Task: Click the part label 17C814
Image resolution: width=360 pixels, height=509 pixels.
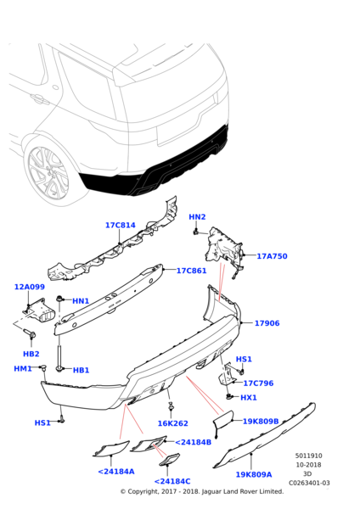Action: point(121,225)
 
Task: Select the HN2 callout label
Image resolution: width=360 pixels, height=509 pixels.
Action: point(197,216)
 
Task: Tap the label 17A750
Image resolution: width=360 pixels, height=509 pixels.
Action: point(272,256)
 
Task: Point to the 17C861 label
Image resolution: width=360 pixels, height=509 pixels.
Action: point(191,271)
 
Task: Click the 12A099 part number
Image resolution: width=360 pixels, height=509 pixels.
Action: point(30,287)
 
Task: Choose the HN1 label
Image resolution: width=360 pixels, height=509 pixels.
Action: point(81,301)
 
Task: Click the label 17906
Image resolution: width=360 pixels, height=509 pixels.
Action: point(267,323)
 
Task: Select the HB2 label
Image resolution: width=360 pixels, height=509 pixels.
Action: point(31,354)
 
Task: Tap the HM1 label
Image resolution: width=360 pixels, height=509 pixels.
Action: point(23,369)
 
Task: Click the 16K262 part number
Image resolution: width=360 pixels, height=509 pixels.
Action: point(173,423)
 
